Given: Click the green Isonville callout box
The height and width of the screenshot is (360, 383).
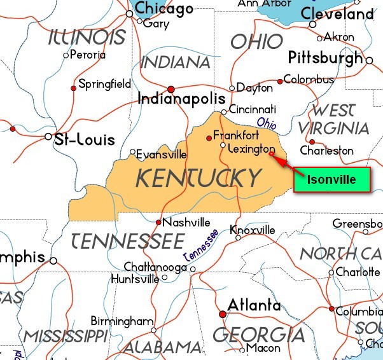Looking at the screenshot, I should (x=331, y=179).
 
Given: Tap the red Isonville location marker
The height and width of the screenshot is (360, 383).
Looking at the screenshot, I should (x=271, y=153).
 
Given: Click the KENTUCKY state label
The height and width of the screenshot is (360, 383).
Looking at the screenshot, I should (x=198, y=177).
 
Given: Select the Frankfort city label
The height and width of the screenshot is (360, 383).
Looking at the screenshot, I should (x=236, y=135).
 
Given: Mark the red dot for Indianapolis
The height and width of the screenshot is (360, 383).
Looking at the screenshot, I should (x=171, y=89).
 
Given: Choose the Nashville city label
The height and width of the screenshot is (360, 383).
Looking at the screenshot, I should (x=186, y=223).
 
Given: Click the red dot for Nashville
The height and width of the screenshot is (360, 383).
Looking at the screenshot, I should (x=158, y=222).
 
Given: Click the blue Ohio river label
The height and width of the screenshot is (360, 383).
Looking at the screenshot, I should (x=267, y=121).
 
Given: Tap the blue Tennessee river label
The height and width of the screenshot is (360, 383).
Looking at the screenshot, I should (x=201, y=244).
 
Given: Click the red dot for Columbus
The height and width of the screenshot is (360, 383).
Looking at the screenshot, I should (x=280, y=81).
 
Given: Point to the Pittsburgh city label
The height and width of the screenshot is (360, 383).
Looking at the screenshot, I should (x=326, y=58).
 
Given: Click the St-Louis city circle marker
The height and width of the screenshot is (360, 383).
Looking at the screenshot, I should (x=49, y=137).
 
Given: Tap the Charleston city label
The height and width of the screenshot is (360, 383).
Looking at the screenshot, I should (x=326, y=151).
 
